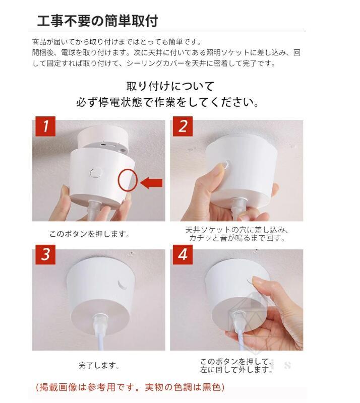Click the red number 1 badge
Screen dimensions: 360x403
click(x=45, y=126)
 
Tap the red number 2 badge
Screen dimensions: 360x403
click(x=183, y=126)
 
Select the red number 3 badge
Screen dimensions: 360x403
click(x=45, y=254)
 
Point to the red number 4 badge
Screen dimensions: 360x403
click(x=183, y=254)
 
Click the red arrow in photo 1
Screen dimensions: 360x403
click(x=152, y=183)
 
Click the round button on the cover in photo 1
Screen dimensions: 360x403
click(x=96, y=173)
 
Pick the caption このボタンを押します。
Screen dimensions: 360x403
click(x=89, y=234)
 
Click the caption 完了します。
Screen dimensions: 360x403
click(x=99, y=365)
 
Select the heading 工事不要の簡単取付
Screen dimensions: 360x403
click(x=97, y=21)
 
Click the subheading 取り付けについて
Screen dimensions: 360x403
click(x=170, y=86)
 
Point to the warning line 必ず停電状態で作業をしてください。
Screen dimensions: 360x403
click(x=167, y=102)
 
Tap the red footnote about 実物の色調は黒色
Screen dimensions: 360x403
click(x=130, y=387)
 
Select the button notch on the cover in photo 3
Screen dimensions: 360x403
click(x=122, y=284)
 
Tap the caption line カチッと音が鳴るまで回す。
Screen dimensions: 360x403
click(x=237, y=238)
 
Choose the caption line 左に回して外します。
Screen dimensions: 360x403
click(x=236, y=370)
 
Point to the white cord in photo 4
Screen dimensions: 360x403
click(x=241, y=339)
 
